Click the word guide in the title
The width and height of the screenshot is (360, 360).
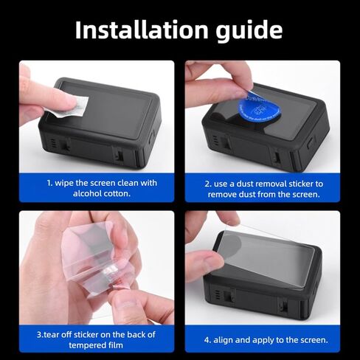[249, 32]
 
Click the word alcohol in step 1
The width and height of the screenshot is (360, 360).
[87, 193]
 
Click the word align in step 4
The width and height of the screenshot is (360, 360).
[224, 340]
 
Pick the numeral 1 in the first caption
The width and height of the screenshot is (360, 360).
[49, 183]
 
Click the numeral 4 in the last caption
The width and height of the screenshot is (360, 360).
[207, 340]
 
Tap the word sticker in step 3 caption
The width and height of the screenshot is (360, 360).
[87, 335]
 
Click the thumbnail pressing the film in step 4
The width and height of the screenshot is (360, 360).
[212, 262]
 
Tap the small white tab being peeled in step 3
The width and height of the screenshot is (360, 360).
[108, 270]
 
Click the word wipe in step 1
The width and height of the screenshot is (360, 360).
[64, 184]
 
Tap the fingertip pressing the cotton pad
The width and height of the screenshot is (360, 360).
[69, 101]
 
